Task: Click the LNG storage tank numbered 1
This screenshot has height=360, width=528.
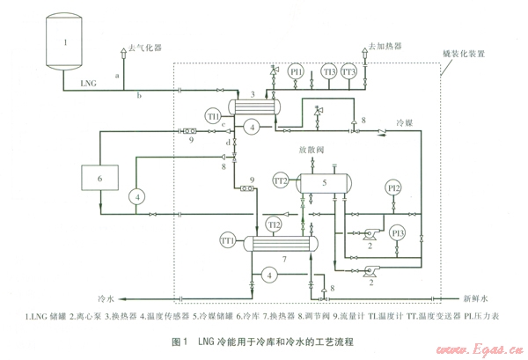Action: (64, 41)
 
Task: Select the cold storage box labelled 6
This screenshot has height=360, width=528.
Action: (100, 179)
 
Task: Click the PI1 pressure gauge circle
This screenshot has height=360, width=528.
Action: (297, 71)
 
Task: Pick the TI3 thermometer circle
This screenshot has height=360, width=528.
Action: (328, 71)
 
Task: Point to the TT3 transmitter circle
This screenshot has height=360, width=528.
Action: (349, 71)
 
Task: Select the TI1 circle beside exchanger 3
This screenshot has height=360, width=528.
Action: (213, 115)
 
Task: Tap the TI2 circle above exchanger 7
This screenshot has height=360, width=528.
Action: (275, 225)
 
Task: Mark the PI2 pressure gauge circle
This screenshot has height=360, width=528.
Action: (394, 187)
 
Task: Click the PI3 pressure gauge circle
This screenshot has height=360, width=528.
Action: (398, 232)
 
